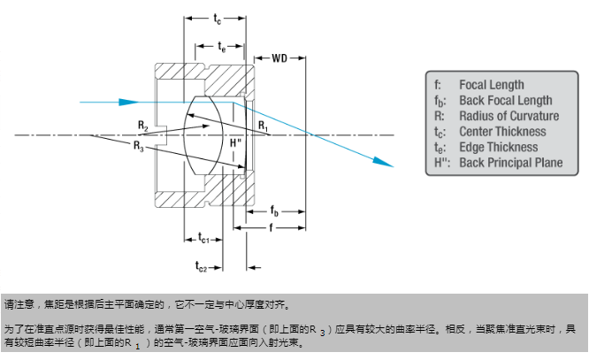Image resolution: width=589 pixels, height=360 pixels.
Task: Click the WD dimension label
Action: pos(279,59)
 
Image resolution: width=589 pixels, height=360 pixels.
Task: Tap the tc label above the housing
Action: pos(218,18)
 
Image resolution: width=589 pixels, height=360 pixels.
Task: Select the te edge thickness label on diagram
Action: pos(221,47)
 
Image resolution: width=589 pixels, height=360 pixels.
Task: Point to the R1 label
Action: pos(263,126)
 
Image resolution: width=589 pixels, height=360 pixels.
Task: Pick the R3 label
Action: pos(138,144)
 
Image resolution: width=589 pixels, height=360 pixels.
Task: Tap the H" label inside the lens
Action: pos(233,142)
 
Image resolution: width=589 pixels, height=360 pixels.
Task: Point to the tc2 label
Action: pos(201,264)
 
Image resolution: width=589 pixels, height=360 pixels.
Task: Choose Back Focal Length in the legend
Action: pos(505,101)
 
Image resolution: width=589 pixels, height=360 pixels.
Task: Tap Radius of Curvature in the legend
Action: pos(509,116)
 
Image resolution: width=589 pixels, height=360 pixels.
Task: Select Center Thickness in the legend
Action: pos(501,132)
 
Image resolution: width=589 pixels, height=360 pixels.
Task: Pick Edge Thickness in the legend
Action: pos(498,147)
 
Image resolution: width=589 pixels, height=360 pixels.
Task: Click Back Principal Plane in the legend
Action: pos(510,163)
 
